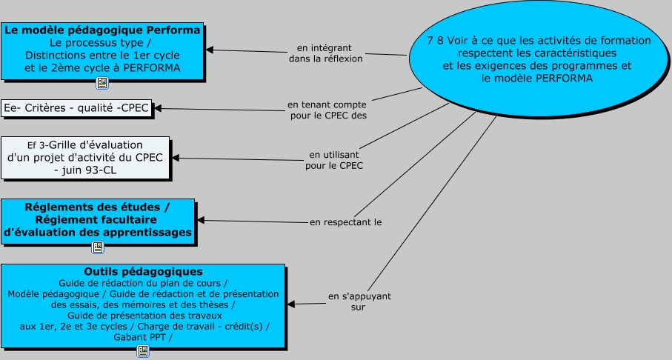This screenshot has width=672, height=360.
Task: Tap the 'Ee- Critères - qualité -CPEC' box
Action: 76,108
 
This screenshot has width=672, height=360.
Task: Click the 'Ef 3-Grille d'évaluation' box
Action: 85,158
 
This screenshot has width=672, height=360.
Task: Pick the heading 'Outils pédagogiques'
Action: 144,272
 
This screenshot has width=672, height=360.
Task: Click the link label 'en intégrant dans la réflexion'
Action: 325,52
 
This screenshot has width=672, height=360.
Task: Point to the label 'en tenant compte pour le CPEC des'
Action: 327,110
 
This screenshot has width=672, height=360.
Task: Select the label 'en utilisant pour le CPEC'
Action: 334,160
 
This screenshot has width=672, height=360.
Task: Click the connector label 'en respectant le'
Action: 345,221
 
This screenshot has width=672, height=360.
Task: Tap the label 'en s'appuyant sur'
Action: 359,301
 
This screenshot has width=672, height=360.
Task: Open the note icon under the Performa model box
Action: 102,83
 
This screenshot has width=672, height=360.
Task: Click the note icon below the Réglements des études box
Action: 98,247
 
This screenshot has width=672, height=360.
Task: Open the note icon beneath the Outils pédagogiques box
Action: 143,351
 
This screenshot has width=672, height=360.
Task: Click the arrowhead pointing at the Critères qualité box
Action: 157,109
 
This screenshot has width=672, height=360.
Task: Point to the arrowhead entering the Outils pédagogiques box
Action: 290,304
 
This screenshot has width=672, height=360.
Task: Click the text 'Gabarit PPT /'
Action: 143,337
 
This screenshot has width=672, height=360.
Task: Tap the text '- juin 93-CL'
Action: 85,170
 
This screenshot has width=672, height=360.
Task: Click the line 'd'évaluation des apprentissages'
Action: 98,233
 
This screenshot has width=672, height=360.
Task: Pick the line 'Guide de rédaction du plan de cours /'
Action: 143,283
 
